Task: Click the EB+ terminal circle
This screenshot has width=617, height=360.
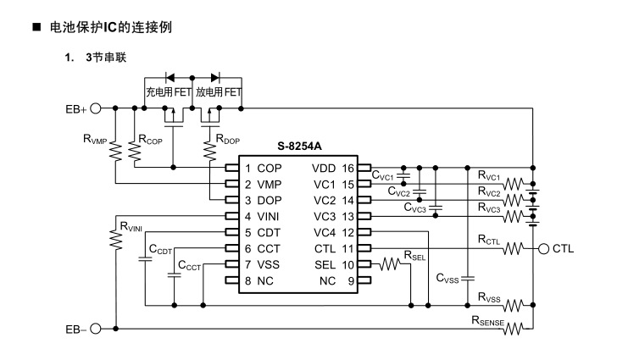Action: (x=95, y=108)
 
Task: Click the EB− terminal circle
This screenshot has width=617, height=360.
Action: (x=95, y=329)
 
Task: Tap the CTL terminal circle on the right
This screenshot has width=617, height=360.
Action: (x=543, y=248)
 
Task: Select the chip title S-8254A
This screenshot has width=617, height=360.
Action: (x=297, y=147)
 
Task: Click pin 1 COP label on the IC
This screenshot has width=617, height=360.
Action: (x=263, y=168)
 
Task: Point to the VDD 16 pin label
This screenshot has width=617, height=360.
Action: (x=334, y=168)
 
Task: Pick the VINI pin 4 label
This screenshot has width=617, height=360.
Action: (x=266, y=216)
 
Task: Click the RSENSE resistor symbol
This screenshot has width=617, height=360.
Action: (x=514, y=329)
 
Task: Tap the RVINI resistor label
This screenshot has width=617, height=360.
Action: (x=131, y=225)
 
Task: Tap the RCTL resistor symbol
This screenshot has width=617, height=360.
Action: (x=514, y=248)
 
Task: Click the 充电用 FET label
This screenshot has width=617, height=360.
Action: (x=169, y=91)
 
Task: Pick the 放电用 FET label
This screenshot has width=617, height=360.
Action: (x=219, y=91)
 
